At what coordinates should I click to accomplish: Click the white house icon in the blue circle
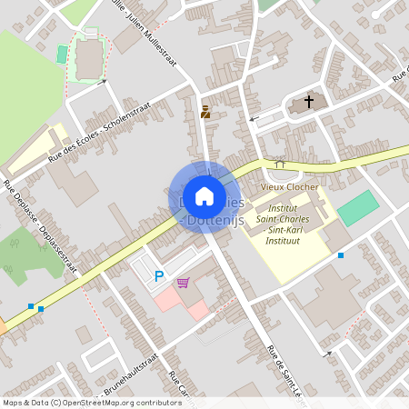pyautogui.click(x=204, y=195)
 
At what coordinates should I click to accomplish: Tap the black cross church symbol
pyautogui.click(x=309, y=102)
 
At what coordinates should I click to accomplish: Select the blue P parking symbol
pyautogui.click(x=159, y=276)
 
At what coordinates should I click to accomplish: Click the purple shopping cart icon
pyautogui.click(x=184, y=283)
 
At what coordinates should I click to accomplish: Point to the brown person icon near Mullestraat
pyautogui.click(x=205, y=112)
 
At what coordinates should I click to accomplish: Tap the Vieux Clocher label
pyautogui.click(x=289, y=186)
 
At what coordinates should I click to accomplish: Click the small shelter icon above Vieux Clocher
pyautogui.click(x=280, y=164)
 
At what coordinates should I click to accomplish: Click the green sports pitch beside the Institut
pyautogui.click(x=357, y=208)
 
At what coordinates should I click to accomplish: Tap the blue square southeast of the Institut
pyautogui.click(x=341, y=255)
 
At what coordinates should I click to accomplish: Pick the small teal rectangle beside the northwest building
pyautogui.click(x=62, y=55)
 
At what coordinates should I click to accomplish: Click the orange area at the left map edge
pyautogui.click(x=2, y=325)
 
